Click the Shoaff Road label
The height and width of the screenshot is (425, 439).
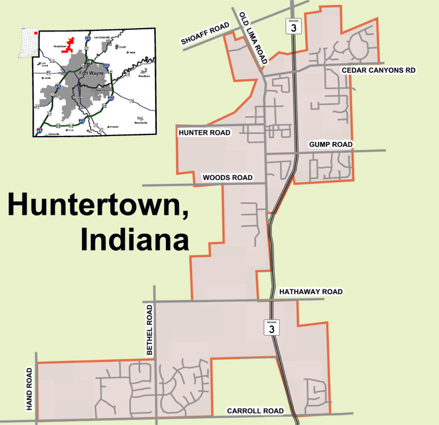click(206, 34)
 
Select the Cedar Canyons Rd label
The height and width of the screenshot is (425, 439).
click(378, 70)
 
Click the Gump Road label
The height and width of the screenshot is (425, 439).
click(331, 144)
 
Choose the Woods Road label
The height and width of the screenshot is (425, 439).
click(228, 178)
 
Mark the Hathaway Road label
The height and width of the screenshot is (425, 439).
click(310, 292)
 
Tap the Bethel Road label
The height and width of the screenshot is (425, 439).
click(150, 330)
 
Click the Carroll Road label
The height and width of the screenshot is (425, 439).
click(255, 411)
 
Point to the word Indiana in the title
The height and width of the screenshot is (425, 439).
click(134, 239)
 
